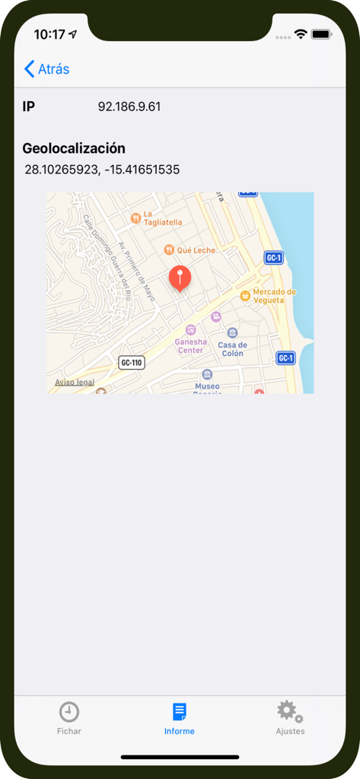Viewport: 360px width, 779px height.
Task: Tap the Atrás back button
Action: click(x=47, y=69)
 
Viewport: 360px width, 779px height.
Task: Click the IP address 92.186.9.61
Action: click(x=129, y=107)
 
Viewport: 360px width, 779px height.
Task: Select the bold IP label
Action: click(x=29, y=107)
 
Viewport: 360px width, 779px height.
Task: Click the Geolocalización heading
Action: click(x=74, y=148)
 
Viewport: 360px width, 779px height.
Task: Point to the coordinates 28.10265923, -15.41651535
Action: click(x=102, y=170)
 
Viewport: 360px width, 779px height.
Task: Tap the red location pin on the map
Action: click(x=180, y=278)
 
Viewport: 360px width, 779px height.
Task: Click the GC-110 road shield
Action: click(x=132, y=363)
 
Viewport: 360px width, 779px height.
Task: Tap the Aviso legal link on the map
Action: click(x=75, y=383)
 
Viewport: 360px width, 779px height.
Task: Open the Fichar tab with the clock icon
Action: click(x=69, y=718)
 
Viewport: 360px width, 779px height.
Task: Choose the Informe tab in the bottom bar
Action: click(x=180, y=718)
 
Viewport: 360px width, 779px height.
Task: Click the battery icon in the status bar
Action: click(x=320, y=34)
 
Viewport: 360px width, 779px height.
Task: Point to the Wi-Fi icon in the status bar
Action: click(x=301, y=34)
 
